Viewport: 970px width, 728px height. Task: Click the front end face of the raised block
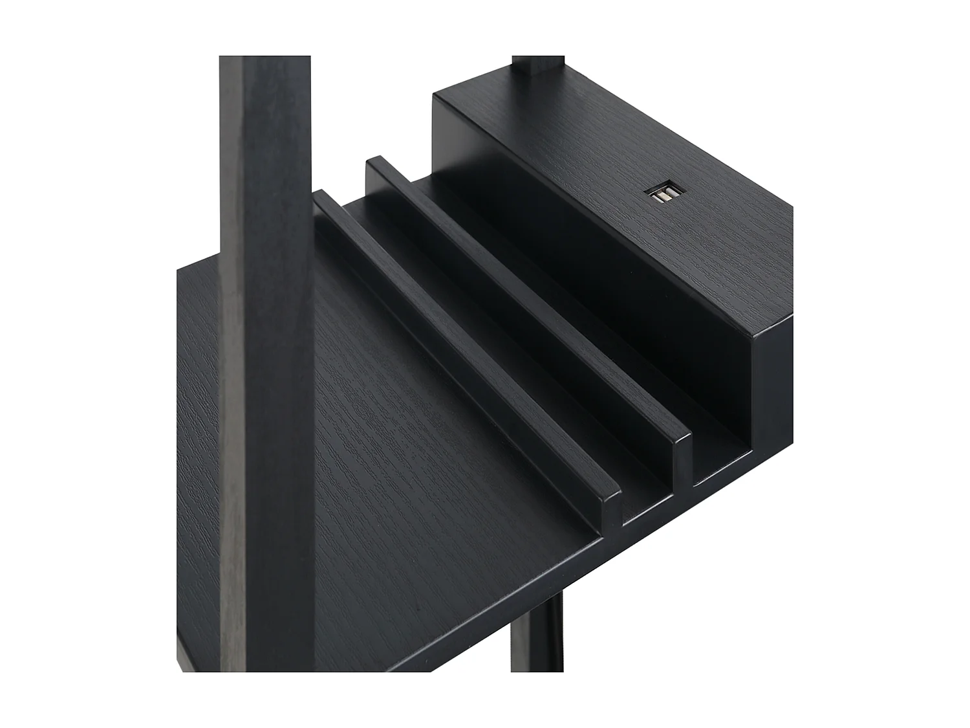point(773,388)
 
